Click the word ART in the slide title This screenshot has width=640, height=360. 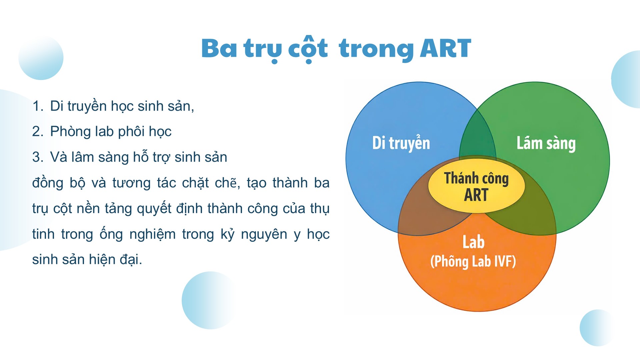446,49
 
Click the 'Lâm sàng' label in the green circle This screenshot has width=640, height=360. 546,143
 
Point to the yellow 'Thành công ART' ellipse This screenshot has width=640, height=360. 476,186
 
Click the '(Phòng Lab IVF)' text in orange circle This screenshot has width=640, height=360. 473,261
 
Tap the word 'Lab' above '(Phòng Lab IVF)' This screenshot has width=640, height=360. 473,242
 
